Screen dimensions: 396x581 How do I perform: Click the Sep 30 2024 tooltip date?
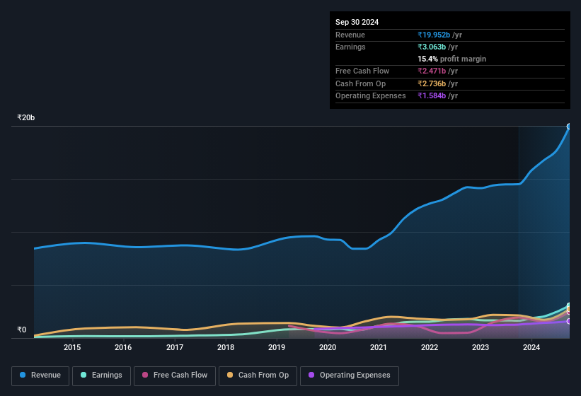(357, 22)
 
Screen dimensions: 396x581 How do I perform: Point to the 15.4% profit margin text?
(451, 59)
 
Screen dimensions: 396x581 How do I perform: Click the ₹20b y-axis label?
(26, 117)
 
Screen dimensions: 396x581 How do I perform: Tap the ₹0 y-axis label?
(22, 330)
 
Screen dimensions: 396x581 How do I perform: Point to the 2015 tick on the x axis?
(72, 347)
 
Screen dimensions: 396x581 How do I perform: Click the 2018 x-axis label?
(226, 347)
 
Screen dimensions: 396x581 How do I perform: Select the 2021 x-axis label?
(379, 347)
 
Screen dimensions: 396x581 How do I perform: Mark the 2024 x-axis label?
(531, 347)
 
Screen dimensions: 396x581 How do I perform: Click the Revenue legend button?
(40, 375)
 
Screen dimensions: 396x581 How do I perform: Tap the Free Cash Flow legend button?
(175, 375)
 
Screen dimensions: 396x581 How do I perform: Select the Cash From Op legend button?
(258, 375)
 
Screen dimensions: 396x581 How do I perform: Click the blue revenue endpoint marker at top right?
(569, 127)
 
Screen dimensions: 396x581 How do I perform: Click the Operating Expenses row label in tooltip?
(371, 95)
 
